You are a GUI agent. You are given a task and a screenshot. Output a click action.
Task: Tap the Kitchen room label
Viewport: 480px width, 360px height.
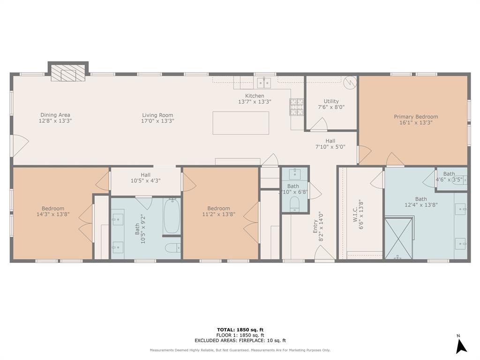tap(255, 96)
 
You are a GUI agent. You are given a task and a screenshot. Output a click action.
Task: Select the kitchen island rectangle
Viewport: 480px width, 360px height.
tap(241, 123)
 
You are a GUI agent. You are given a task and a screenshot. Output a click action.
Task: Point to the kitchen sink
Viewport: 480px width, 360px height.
tap(264, 83)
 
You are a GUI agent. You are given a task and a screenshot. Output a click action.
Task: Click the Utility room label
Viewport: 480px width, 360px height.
tap(331, 101)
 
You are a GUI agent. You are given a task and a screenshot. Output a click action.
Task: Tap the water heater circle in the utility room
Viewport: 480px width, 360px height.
tap(350, 82)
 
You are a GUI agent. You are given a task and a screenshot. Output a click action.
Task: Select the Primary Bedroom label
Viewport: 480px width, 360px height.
tap(416, 117)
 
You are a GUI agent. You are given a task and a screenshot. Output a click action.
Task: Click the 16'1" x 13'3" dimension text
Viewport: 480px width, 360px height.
tap(416, 123)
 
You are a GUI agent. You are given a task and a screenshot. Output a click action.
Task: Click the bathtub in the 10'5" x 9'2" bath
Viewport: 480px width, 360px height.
tap(172, 216)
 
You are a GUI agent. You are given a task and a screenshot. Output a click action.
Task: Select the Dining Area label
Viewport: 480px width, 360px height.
tap(55, 115)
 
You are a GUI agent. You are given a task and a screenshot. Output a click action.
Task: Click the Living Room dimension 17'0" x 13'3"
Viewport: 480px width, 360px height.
tap(157, 121)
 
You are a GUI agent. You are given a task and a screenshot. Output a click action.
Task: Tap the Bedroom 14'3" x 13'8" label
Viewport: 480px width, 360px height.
tap(53, 211)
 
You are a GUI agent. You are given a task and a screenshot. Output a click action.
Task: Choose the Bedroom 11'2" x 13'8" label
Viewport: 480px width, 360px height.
tap(219, 211)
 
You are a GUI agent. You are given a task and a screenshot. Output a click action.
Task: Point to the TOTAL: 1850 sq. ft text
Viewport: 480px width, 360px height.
tap(240, 330)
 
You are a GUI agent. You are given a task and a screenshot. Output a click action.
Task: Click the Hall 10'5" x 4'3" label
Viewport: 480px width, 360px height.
tap(145, 178)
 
